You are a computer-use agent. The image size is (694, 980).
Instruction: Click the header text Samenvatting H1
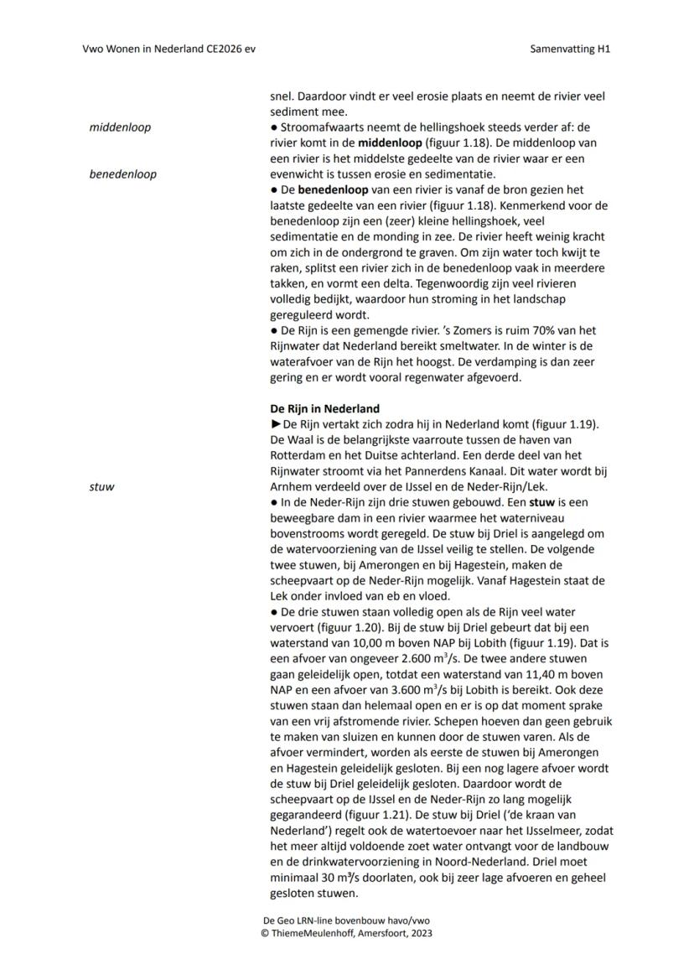point(570,49)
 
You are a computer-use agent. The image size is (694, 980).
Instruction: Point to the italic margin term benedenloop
point(122,174)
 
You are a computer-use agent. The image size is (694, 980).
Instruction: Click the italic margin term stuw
point(101,486)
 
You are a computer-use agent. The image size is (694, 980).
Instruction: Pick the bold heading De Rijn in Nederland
point(324,409)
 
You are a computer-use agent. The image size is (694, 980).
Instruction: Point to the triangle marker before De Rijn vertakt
point(276,424)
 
